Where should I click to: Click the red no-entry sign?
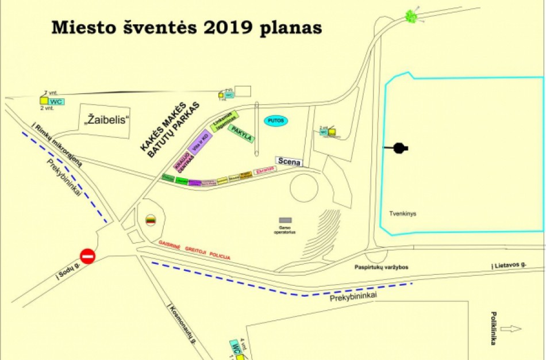[x=87, y=255]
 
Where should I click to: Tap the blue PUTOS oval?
[x=276, y=121]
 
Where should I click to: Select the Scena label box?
[x=289, y=162]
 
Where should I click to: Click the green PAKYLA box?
[x=240, y=133]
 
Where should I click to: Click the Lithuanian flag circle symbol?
[x=151, y=220]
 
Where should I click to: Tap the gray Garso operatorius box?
[x=285, y=220]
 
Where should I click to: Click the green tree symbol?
[x=411, y=16]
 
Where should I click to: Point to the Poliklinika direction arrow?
[x=511, y=329]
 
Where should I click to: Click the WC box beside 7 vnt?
[x=56, y=102]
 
